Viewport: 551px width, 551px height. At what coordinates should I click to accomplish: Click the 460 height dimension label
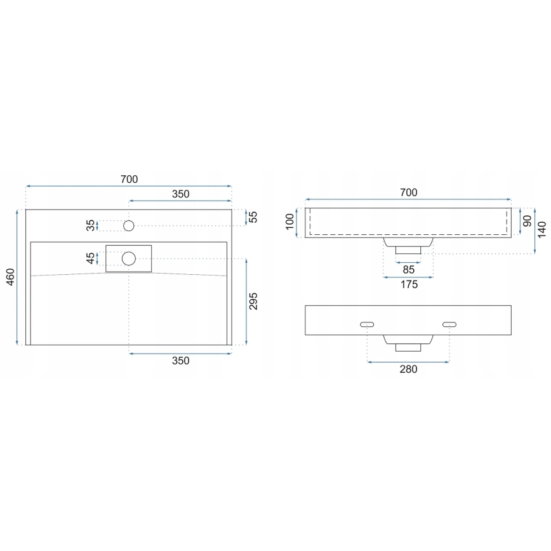10,277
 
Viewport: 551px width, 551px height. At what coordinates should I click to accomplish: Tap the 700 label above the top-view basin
129,180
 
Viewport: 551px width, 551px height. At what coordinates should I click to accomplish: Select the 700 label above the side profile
408,192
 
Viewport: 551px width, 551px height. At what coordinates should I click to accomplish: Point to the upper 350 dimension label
180,194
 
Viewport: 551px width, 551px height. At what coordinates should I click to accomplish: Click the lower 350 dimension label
180,361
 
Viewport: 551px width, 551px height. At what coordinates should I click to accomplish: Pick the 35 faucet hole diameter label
91,225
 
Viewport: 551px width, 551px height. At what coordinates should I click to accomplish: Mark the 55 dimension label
253,217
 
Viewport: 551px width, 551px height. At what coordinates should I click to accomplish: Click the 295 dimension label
253,302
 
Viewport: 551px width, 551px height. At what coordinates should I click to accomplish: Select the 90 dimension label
526,222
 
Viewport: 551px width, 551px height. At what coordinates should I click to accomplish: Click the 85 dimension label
408,269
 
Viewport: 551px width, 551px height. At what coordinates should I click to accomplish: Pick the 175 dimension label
408,285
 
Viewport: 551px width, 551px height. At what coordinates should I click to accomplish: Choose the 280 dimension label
408,369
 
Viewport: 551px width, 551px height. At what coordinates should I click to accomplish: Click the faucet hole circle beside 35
129,225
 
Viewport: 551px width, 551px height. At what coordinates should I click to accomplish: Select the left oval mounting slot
367,324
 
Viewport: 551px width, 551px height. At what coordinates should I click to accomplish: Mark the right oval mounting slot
449,324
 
